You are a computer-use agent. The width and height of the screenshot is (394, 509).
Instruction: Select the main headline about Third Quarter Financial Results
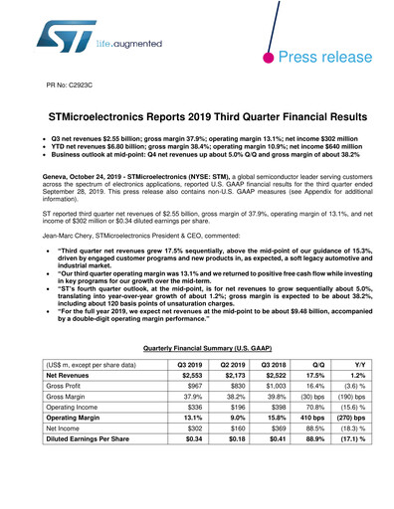click(x=197, y=117)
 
